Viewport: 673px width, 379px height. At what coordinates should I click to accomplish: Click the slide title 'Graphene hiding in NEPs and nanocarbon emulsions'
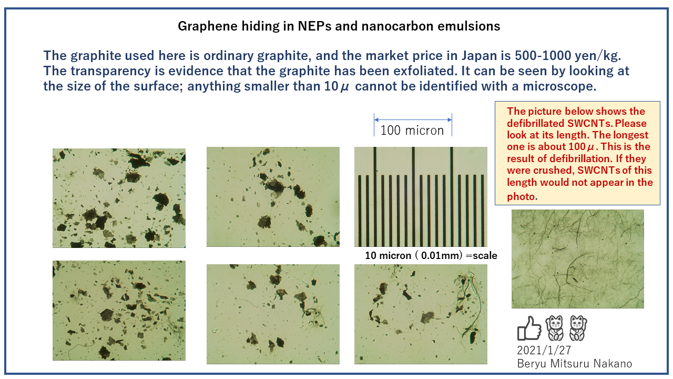click(339, 26)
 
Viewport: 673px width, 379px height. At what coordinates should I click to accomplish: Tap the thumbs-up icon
click(529, 328)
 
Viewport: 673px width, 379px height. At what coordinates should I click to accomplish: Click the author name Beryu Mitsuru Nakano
click(575, 363)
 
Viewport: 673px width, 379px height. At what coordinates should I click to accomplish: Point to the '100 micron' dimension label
click(412, 130)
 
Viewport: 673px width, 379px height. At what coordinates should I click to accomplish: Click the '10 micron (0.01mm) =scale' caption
click(431, 256)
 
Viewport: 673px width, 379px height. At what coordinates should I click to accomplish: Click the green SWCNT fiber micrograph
click(577, 259)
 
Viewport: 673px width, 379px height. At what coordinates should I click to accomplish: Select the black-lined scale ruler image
click(421, 197)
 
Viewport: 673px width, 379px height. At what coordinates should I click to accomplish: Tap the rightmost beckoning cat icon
click(578, 328)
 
